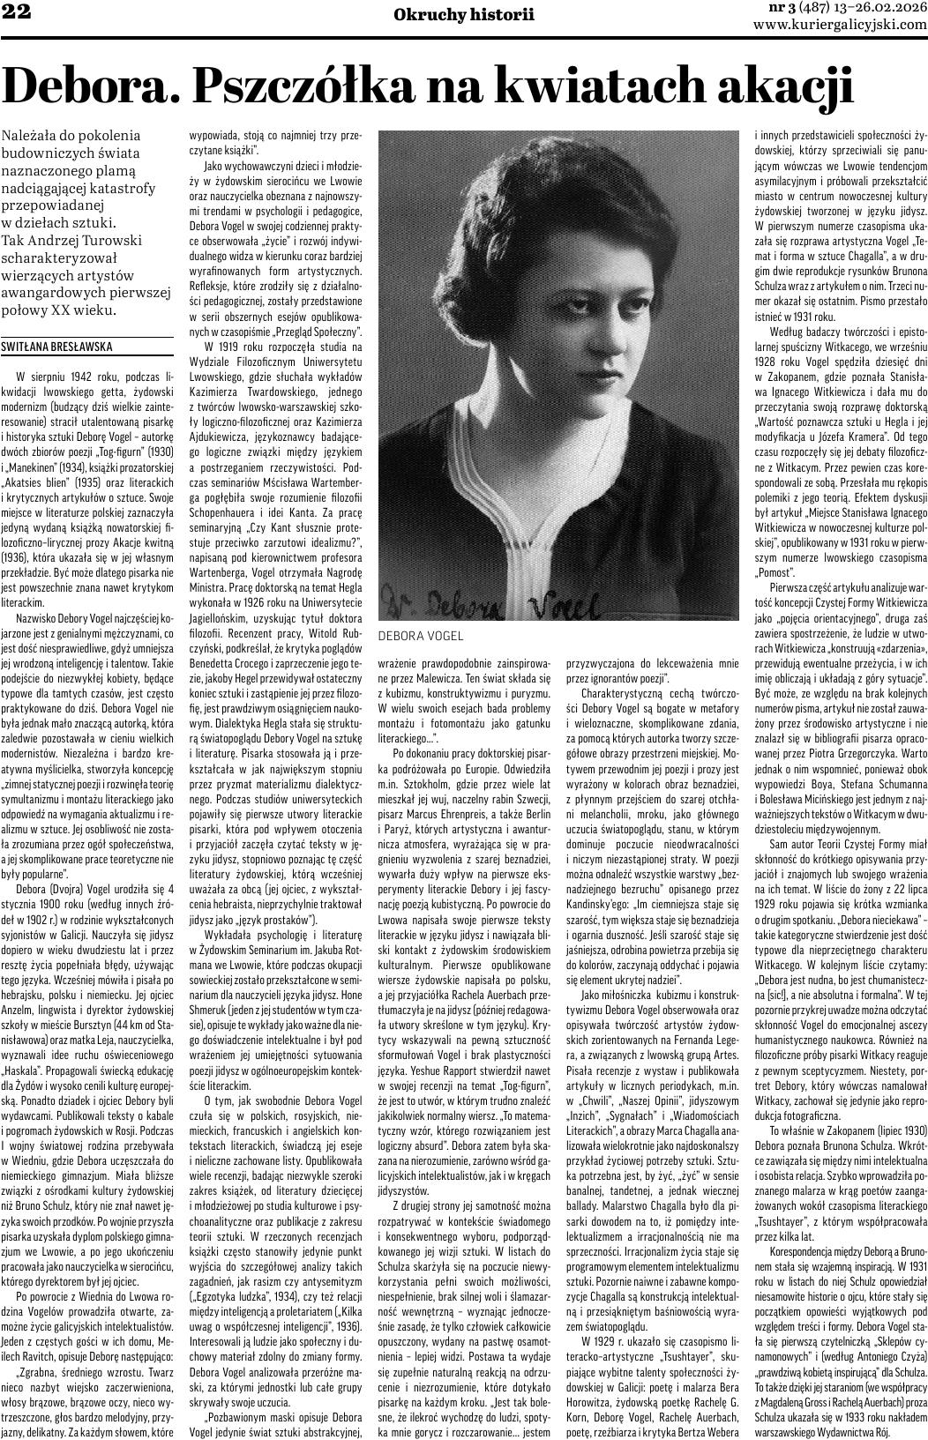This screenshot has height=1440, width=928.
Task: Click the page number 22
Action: [16, 12]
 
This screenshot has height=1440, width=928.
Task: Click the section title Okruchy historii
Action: [464, 14]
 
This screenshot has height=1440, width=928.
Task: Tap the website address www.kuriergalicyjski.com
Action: [839, 26]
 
